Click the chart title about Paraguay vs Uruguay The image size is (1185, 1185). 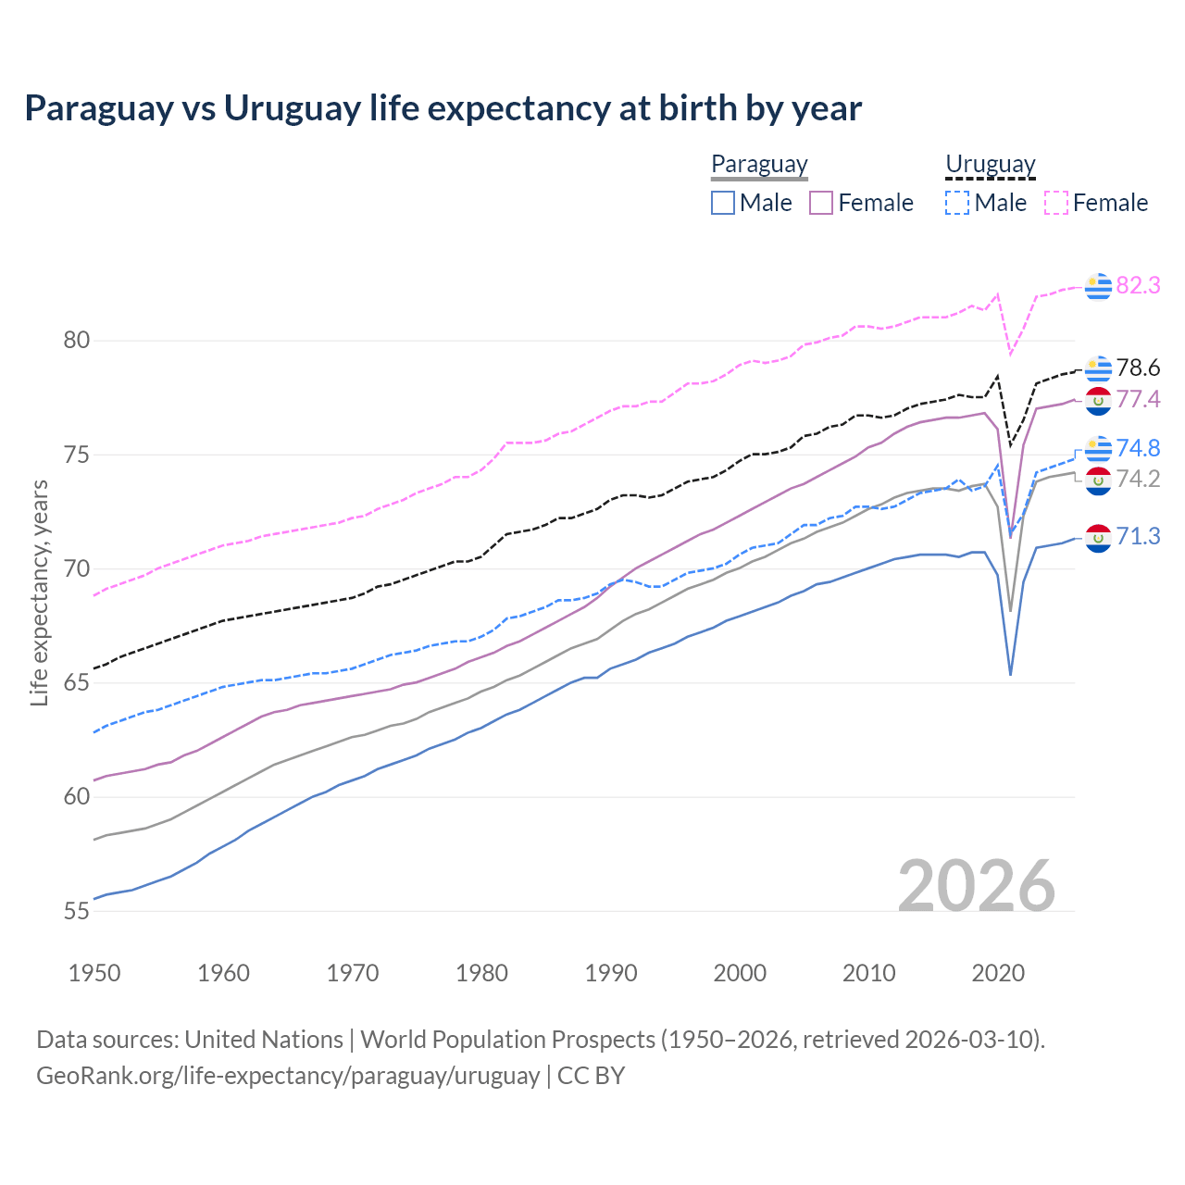coord(443,108)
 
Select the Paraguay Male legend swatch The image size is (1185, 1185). coord(723,203)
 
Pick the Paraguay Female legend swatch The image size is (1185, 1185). coord(821,203)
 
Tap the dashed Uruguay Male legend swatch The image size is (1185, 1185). coord(957,203)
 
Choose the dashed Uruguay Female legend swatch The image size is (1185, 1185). coord(1055,203)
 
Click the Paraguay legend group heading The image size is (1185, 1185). coord(759,164)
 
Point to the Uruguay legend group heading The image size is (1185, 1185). coord(990,164)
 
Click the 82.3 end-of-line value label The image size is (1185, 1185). coord(1138,285)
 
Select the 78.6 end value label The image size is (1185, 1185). coord(1138,368)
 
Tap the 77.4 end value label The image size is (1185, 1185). coord(1138,399)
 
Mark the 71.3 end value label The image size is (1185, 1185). coord(1138,536)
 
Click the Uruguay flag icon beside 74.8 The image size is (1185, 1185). coord(1098,448)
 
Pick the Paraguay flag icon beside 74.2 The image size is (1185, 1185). coord(1098,480)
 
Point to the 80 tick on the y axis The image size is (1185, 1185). coord(76,341)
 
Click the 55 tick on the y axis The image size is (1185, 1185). coord(76,911)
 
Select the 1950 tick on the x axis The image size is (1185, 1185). coord(94,973)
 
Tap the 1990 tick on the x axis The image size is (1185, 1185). coord(611,973)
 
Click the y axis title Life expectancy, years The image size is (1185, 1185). coord(39,592)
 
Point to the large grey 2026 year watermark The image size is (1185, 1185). coord(976,886)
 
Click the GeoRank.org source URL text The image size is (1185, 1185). coord(288,1076)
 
